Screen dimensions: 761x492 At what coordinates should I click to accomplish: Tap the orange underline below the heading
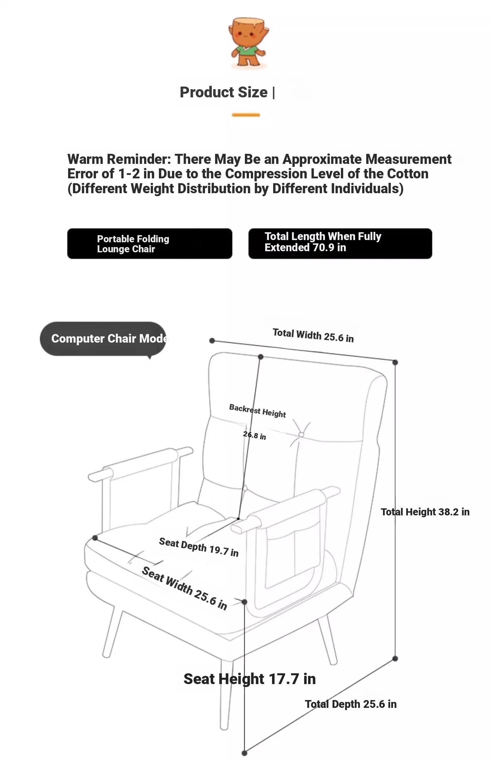coord(246,115)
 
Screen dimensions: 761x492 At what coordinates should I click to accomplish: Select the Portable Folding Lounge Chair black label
coord(150,244)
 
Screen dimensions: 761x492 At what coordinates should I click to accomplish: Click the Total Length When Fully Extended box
coord(340,243)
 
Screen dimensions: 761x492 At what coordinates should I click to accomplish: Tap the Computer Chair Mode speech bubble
coord(103,339)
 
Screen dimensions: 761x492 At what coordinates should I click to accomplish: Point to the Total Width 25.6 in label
coord(313,335)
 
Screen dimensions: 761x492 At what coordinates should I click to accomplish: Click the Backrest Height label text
coord(258,411)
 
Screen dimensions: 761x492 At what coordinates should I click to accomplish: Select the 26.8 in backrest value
coord(255,435)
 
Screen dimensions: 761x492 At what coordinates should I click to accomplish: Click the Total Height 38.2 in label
coord(425,512)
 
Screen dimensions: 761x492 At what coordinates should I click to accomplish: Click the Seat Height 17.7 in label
coord(249,679)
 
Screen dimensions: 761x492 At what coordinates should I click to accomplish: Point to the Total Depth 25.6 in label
coord(351,704)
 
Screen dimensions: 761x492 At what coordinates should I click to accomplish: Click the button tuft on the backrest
coord(301,434)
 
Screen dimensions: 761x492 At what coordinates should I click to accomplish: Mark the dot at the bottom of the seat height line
coord(245,753)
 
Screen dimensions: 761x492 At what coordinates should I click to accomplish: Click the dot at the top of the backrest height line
coord(261,357)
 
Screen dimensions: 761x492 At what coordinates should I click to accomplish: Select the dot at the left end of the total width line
coord(212,341)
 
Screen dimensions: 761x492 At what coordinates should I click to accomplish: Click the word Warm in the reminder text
coord(85,159)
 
